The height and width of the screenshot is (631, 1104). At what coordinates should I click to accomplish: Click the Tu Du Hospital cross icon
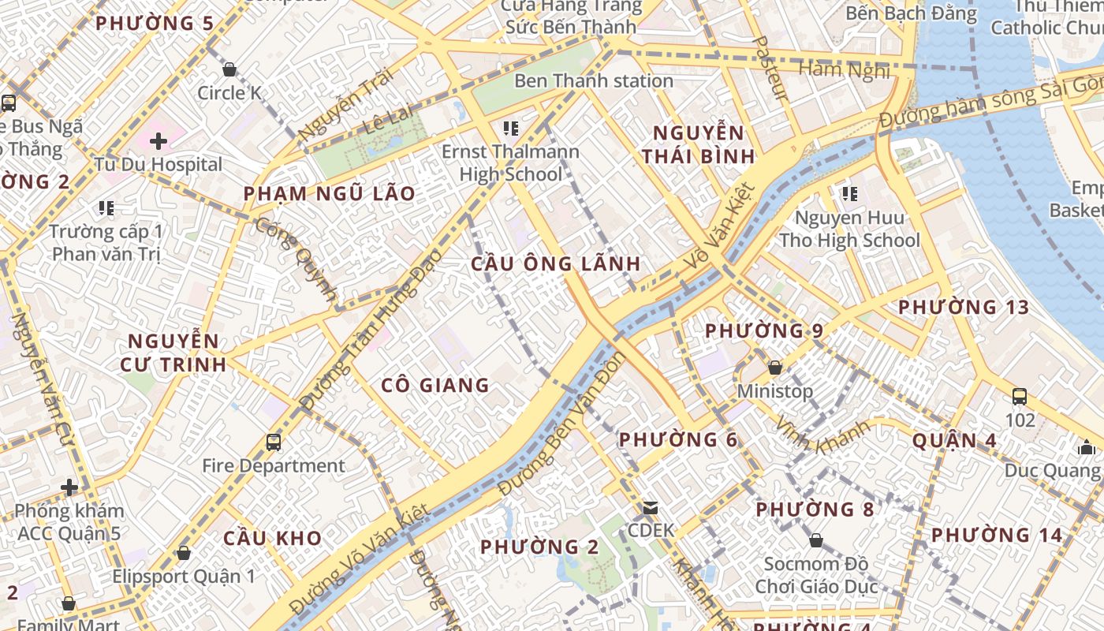pyautogui.click(x=159, y=141)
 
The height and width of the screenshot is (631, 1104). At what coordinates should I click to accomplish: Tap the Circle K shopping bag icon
pyautogui.click(x=229, y=69)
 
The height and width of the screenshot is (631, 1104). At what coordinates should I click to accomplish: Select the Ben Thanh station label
pyautogui.click(x=594, y=80)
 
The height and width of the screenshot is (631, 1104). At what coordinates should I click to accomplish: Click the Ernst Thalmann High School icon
pyautogui.click(x=511, y=128)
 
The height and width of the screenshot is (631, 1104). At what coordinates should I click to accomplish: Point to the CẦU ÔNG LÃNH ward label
pyautogui.click(x=556, y=263)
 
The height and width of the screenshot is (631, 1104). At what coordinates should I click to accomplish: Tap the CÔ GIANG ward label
pyautogui.click(x=435, y=385)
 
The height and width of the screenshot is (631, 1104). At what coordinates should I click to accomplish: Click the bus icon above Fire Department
pyautogui.click(x=274, y=442)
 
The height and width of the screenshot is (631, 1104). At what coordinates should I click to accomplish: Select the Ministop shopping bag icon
pyautogui.click(x=775, y=368)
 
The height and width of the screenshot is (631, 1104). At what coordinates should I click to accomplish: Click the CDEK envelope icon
pyautogui.click(x=651, y=507)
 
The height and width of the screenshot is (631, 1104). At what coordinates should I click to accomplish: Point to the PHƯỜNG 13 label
pyautogui.click(x=964, y=307)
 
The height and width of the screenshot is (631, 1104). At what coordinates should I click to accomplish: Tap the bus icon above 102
pyautogui.click(x=1020, y=396)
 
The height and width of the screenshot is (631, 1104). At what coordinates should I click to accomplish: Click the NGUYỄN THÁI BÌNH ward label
pyautogui.click(x=698, y=144)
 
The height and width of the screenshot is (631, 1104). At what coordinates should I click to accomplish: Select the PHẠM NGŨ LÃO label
pyautogui.click(x=329, y=193)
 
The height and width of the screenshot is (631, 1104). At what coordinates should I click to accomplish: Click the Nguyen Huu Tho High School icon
pyautogui.click(x=849, y=193)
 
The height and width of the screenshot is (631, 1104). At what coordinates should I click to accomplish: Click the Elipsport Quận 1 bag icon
pyautogui.click(x=184, y=553)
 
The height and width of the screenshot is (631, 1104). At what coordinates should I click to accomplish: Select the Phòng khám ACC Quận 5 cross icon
pyautogui.click(x=69, y=487)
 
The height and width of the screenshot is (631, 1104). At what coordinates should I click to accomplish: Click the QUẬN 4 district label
pyautogui.click(x=954, y=440)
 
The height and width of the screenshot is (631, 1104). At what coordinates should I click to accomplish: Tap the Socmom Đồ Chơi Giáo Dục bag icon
pyautogui.click(x=816, y=540)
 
